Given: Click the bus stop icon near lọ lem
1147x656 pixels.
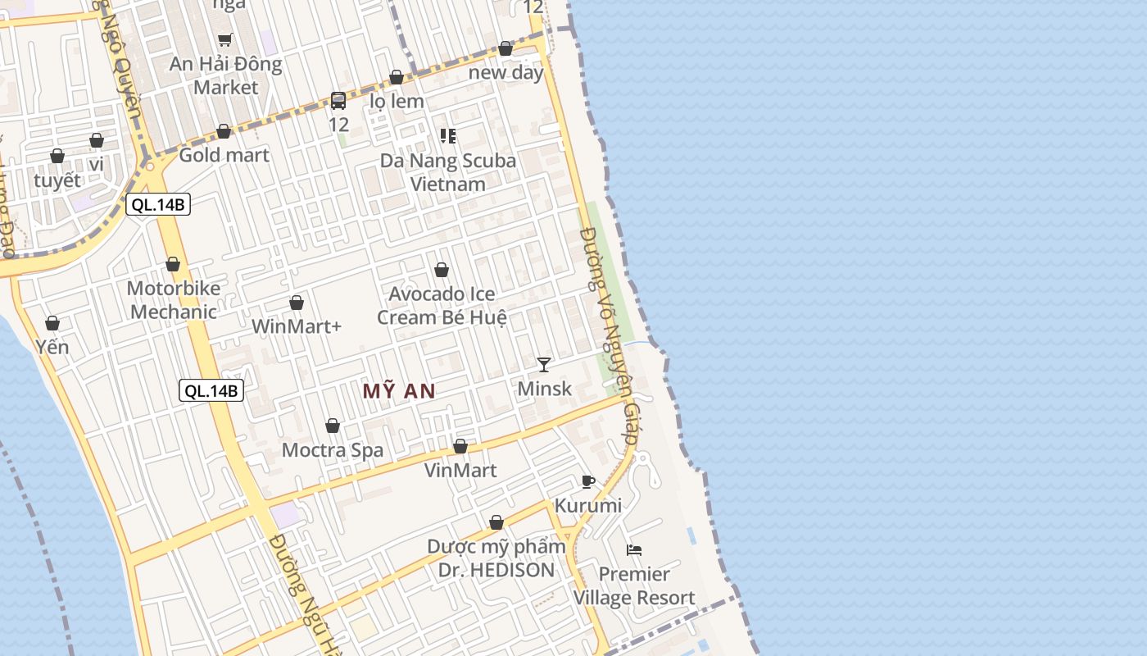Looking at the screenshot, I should (x=338, y=101).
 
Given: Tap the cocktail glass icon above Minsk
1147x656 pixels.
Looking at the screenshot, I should (x=544, y=364).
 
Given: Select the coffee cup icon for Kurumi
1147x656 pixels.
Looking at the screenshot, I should (x=587, y=481).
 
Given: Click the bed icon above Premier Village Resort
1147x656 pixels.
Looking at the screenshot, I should (x=633, y=549).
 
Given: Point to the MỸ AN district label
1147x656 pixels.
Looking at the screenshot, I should (x=399, y=391).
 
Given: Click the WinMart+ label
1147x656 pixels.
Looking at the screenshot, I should (x=296, y=326).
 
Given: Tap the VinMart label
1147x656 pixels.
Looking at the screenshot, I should (x=460, y=470).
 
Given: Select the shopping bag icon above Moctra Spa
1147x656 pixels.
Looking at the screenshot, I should (x=333, y=426).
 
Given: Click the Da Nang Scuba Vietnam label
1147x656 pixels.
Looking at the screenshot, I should (x=448, y=172).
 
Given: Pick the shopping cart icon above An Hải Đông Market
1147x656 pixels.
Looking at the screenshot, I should (x=225, y=39).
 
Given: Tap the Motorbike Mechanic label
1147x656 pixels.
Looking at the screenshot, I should (x=174, y=300).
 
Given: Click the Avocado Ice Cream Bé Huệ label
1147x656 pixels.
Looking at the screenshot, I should (x=442, y=305).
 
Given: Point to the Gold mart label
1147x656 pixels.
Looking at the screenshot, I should (x=224, y=155).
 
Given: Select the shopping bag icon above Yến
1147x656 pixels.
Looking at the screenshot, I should (x=52, y=323).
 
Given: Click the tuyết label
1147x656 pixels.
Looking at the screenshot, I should (x=57, y=180).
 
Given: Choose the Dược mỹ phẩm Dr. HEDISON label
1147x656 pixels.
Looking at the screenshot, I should (x=496, y=558).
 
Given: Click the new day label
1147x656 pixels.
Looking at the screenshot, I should (x=505, y=72).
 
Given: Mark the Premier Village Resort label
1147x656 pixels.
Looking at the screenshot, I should (x=634, y=585).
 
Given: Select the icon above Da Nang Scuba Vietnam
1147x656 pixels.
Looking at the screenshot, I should (x=447, y=135).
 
